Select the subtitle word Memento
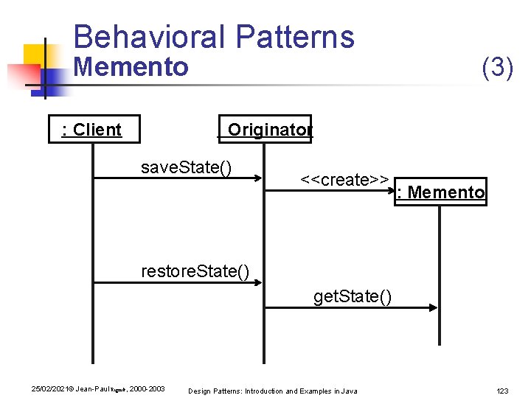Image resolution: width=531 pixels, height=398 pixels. click(131, 68)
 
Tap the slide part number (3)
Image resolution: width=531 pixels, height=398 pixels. click(497, 68)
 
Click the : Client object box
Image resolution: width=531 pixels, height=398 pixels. click(92, 130)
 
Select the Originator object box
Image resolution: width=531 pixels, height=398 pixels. click(265, 130)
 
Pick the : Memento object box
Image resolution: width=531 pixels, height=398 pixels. click(441, 192)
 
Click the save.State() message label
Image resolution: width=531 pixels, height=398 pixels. click(187, 167)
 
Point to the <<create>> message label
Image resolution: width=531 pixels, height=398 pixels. click(345, 180)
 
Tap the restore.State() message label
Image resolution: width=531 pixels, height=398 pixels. click(195, 271)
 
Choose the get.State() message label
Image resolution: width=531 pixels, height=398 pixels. click(353, 296)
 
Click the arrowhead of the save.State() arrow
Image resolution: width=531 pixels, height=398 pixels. click(258, 178)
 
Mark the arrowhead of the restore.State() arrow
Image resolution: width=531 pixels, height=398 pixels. click(258, 282)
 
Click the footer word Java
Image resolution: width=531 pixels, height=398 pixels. click(349, 390)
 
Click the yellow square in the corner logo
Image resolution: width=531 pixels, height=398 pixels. click(35, 55)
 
